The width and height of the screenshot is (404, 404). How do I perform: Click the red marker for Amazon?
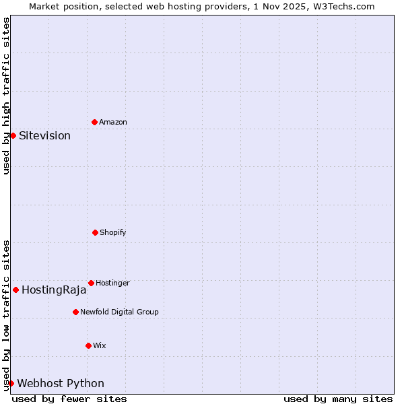click(94, 122)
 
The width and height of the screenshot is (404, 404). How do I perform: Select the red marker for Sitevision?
click(13, 135)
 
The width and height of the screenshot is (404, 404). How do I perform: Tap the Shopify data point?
click(95, 232)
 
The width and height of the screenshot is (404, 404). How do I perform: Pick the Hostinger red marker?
click(91, 283)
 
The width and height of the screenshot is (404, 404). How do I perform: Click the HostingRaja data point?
click(15, 290)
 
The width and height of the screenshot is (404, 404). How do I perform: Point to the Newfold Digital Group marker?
click(75, 312)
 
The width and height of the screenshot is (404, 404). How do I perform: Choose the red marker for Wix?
click(88, 345)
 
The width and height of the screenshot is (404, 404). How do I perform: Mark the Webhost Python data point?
click(11, 383)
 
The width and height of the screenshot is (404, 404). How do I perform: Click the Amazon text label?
click(113, 122)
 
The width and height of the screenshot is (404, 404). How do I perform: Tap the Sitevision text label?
click(44, 135)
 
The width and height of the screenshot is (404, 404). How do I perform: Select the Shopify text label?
click(113, 232)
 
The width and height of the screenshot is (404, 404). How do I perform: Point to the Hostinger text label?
click(112, 283)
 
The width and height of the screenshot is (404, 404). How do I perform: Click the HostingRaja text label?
click(54, 290)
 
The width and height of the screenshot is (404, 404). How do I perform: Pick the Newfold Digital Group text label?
click(119, 312)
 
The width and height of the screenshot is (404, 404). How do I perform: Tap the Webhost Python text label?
click(61, 383)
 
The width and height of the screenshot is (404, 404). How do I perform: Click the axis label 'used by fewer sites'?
click(69, 399)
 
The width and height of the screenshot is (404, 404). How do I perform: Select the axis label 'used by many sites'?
click(338, 399)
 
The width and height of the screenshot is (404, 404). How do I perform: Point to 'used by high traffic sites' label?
click(6, 96)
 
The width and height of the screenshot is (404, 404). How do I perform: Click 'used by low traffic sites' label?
click(6, 314)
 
